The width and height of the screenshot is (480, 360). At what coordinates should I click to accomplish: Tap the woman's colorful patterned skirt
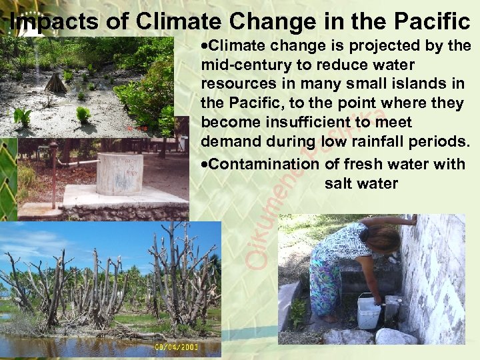326,280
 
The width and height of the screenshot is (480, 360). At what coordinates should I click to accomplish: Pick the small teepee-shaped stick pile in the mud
55,83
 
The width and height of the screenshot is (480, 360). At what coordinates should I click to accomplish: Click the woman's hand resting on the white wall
413,219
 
